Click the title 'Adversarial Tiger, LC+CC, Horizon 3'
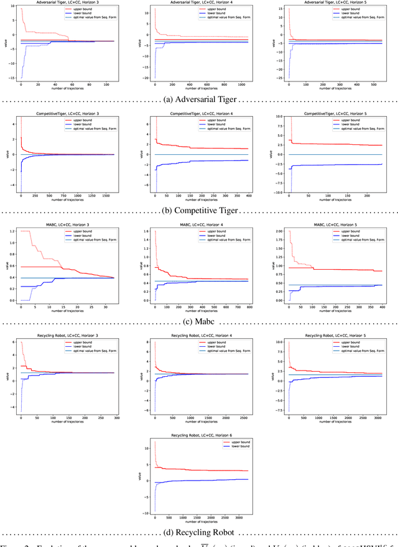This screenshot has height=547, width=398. (68, 3)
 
